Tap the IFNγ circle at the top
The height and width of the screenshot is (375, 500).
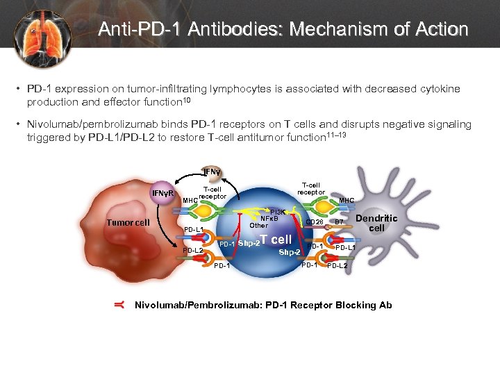coord(211,171)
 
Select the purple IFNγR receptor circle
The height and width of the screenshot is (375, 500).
coord(163,192)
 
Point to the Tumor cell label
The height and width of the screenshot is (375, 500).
coord(128,222)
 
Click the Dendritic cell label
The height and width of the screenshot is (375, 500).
coord(376,223)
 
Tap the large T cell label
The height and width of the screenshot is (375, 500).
coord(276,240)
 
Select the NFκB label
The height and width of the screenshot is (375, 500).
coord(269,219)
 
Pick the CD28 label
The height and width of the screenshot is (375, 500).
coord(314,223)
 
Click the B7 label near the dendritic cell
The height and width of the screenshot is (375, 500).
coord(340,223)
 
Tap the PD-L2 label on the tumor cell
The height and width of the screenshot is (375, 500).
coord(193,251)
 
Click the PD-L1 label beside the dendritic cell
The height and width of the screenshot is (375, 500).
coord(346,248)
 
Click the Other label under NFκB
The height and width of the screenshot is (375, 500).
coord(258,226)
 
